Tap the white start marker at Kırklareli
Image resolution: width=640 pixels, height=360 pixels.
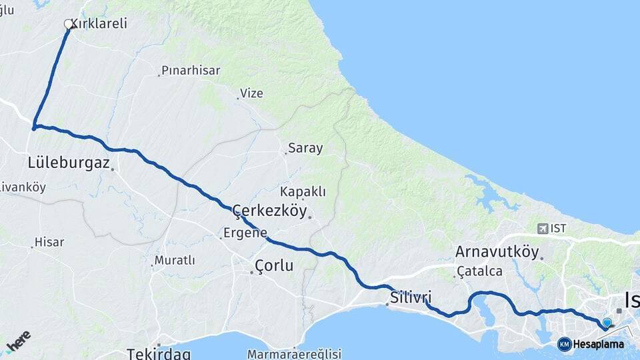pos(68,24)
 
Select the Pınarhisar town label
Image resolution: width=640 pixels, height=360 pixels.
pos(191,70)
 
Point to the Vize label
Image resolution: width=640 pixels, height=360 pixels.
pos(252,93)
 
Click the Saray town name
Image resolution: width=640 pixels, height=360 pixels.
pos(305,148)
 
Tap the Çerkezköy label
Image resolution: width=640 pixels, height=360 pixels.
pos(270,211)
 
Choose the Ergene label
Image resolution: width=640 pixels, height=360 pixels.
pos(246,234)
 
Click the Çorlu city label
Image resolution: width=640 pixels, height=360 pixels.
pos(274,265)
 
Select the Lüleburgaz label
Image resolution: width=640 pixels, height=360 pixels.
pos(69,162)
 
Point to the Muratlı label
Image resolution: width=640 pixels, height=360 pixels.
pos(175,259)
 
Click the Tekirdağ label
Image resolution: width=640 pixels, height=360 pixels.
pos(159,353)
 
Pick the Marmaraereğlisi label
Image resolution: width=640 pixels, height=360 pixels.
pos(294,353)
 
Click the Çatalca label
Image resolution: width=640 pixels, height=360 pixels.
pos(479,271)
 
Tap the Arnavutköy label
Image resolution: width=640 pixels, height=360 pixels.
pos(497,251)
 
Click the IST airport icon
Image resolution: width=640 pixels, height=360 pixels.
pos(543,228)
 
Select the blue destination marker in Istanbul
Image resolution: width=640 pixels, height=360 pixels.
pos(607,323)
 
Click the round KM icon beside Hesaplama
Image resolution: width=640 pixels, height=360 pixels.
pos(565,344)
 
